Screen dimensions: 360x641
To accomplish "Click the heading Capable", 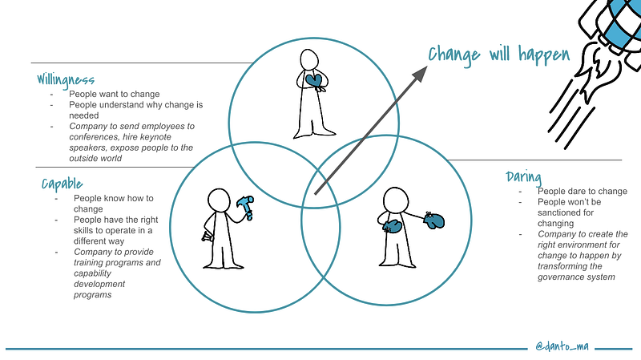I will coord(62,185).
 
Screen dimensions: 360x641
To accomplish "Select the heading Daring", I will coord(524,176).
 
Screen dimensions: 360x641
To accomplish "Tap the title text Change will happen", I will coord(498,55).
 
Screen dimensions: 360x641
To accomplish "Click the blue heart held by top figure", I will coord(315,80).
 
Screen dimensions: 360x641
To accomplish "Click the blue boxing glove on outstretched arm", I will coord(435,220).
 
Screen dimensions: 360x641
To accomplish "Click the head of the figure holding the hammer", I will coord(218,198).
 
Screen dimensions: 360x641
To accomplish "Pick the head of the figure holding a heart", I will coord(309,59).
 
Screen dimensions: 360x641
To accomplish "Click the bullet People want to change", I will coord(114,94).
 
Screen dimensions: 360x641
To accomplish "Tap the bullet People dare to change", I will coord(582,191).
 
